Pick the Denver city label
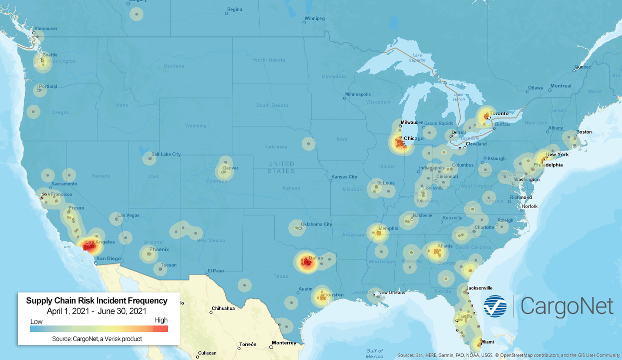(x=231, y=168)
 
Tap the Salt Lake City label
(x=166, y=154)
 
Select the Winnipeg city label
(x=314, y=18)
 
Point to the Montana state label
(x=174, y=66)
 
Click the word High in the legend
(x=161, y=320)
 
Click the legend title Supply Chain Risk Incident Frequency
(x=96, y=300)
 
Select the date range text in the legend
(x=96, y=310)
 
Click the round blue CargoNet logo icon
(x=495, y=306)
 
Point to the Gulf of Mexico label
(x=374, y=353)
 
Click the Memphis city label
(x=388, y=228)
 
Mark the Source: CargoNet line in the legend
(x=96, y=339)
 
